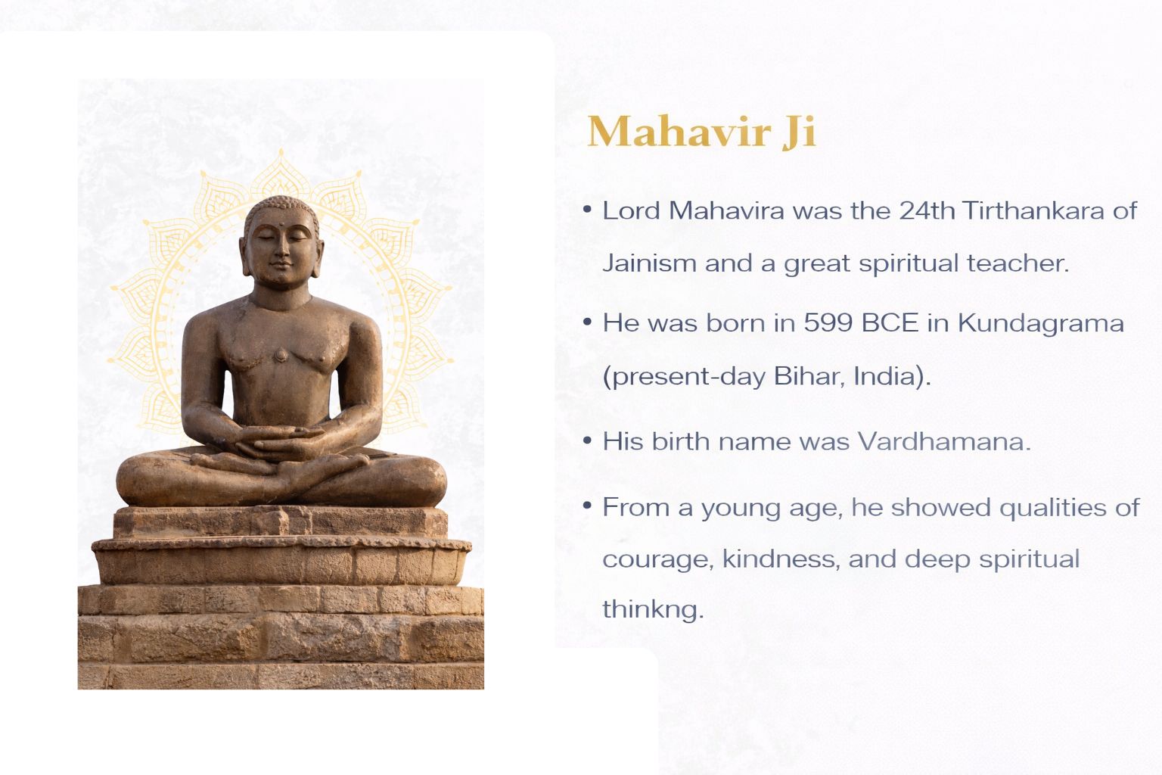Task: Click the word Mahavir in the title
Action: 679,132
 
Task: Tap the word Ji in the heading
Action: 799,132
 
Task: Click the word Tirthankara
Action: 1033,210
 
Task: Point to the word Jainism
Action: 649,263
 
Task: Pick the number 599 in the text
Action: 828,323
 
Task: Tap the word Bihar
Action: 806,376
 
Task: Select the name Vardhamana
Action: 943,442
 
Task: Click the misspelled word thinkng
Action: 653,610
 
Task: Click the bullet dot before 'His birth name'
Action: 587,440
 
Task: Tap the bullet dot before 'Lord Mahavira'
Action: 587,210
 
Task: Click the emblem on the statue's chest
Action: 281,356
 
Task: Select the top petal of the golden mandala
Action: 281,171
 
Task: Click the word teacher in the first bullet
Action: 1018,263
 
